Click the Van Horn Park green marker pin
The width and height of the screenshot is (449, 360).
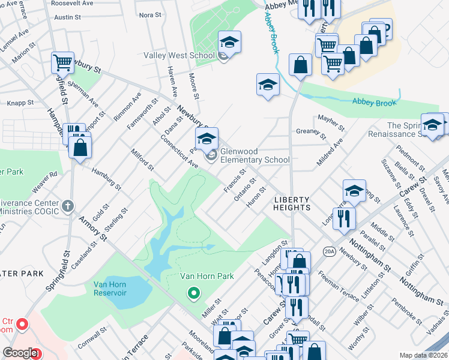(193, 293)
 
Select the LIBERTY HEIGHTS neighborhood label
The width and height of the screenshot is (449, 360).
(292, 203)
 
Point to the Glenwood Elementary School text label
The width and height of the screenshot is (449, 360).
(255, 155)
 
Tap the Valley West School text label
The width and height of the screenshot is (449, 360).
(179, 56)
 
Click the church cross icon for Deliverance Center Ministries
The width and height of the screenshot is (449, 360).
(69, 206)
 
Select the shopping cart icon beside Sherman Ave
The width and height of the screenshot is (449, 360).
(62, 62)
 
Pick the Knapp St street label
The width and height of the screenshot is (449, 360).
(21, 103)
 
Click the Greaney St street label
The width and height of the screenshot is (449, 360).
(310, 131)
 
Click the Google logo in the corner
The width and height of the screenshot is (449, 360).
(20, 353)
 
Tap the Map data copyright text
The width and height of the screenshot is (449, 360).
(423, 355)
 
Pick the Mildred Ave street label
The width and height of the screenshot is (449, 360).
(329, 152)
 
